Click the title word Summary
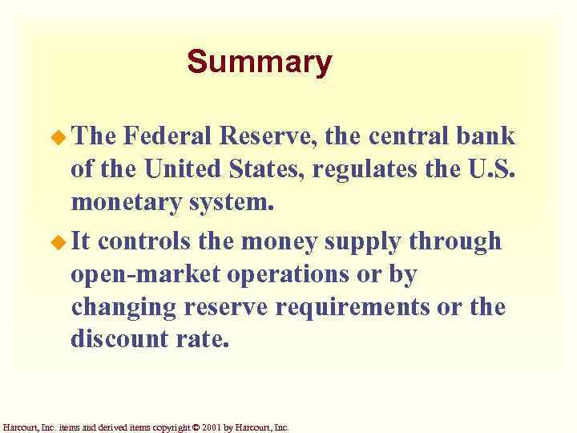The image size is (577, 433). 259,62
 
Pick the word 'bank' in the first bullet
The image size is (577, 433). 489,136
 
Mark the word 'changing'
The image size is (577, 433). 123,308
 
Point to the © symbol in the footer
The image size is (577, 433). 196,427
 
